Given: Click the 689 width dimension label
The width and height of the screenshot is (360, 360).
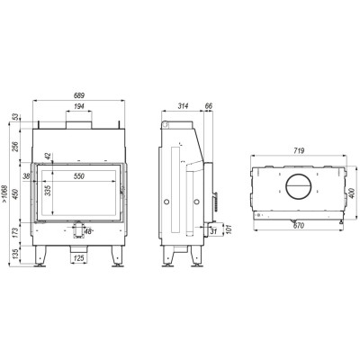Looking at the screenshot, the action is (79, 95).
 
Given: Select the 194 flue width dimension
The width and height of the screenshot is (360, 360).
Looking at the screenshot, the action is (79, 106).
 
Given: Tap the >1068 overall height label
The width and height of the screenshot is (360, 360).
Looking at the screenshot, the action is (4, 193).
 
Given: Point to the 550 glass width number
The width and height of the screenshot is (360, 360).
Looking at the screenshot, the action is (79, 176).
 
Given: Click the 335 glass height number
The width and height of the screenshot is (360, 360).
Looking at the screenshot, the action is (48, 191).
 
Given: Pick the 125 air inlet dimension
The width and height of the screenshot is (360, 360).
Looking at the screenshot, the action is (79, 257).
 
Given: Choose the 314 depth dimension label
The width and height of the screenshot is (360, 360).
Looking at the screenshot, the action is (183, 106).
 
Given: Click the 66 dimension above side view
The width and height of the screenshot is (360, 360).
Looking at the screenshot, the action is (209, 106).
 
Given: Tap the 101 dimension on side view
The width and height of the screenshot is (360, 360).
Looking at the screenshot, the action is (229, 229).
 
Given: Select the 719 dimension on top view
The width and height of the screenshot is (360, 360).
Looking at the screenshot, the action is (299, 151).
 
